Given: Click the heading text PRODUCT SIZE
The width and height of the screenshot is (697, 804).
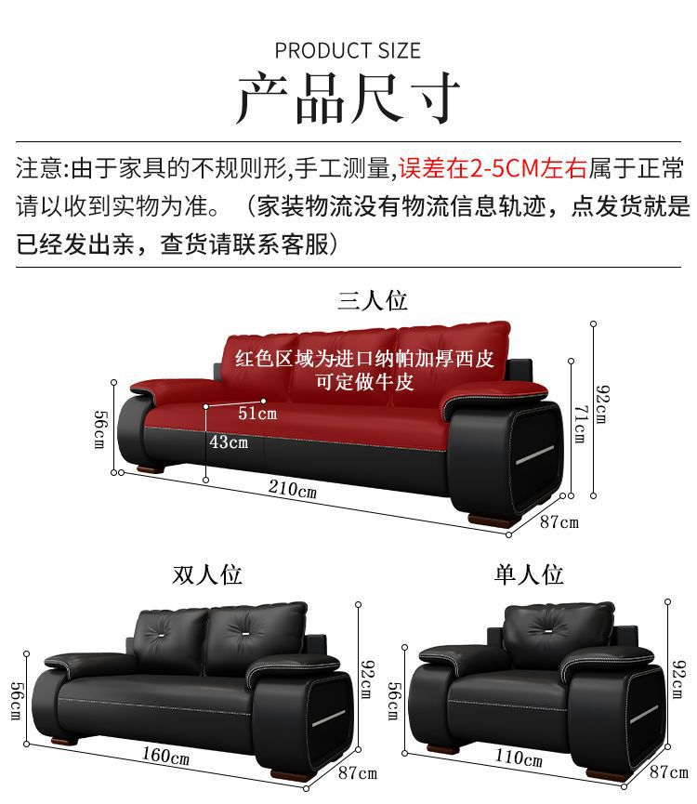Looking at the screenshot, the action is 348,50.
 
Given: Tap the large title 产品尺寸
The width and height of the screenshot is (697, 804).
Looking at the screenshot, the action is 348,98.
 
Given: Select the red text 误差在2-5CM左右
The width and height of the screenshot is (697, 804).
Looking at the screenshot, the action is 492,168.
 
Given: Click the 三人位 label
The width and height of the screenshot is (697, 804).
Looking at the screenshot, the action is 372,300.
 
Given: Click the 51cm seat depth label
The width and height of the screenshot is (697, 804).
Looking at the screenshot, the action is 257,413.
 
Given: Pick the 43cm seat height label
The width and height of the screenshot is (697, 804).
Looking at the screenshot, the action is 229,442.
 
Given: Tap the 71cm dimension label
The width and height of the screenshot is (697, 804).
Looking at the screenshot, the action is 579,422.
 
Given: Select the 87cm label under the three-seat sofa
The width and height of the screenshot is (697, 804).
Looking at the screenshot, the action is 559,521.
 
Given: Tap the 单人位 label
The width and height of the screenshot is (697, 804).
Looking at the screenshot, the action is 529,574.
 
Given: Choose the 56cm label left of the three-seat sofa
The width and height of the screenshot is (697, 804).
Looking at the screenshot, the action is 99,428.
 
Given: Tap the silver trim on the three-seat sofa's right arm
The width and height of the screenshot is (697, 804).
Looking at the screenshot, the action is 536,456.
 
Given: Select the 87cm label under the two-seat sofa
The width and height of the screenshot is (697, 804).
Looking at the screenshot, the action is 357,772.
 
